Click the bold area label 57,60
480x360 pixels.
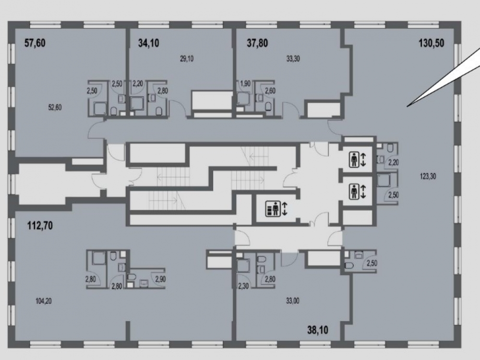click(35, 43)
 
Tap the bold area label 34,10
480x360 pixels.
click(149, 43)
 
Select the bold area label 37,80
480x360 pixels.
click(257, 43)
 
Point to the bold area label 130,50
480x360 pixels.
click(432, 43)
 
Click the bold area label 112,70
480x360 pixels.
click(40, 226)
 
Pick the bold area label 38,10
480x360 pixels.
click(318, 330)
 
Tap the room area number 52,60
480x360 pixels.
click(55, 108)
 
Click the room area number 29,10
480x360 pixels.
click(187, 59)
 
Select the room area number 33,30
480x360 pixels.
click(293, 59)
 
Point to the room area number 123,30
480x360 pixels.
click(428, 176)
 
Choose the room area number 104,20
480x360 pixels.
click(44, 301)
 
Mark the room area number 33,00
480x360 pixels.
click(293, 301)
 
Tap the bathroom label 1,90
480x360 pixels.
click(245, 83)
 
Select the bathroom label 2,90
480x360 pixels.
click(161, 279)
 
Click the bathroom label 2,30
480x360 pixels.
click(243, 287)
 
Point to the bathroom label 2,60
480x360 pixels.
click(270, 91)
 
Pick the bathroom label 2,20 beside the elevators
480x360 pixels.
click(394, 163)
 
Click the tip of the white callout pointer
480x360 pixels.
click(407, 107)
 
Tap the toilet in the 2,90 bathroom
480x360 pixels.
click(132, 277)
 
